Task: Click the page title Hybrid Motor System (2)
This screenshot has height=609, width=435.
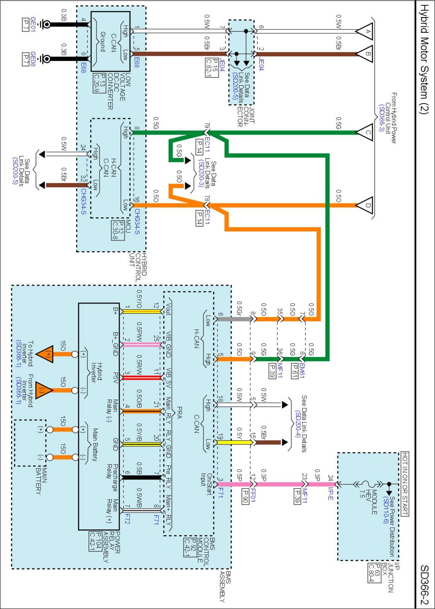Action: pyautogui.click(x=424, y=59)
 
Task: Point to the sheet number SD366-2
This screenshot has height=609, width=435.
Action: pyautogui.click(x=424, y=585)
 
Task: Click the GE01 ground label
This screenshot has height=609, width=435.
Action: pyautogui.click(x=33, y=24)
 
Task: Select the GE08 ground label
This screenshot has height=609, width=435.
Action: pyautogui.click(x=33, y=59)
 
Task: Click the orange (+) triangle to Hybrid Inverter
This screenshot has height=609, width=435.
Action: pyautogui.click(x=46, y=354)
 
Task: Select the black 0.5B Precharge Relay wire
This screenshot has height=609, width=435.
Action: pyautogui.click(x=142, y=477)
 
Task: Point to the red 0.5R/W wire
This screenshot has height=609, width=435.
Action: pyautogui.click(x=142, y=378)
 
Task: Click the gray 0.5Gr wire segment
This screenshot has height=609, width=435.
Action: pyautogui.click(x=235, y=319)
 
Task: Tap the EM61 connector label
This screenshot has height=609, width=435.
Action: pyautogui.click(x=302, y=371)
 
